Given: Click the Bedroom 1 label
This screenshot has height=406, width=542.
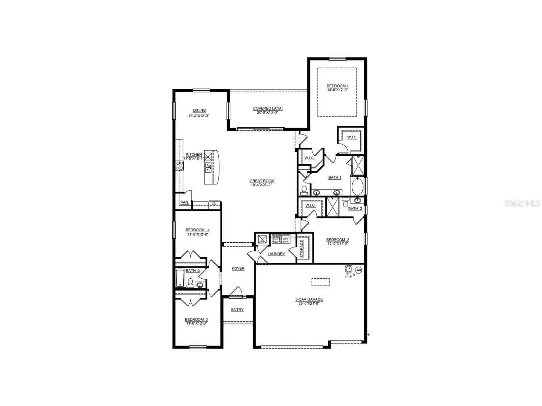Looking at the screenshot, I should pyautogui.click(x=337, y=86).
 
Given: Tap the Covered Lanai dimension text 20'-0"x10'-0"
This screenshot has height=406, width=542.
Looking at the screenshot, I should pyautogui.click(x=267, y=112).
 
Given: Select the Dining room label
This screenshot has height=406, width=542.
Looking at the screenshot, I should pyautogui.click(x=199, y=111).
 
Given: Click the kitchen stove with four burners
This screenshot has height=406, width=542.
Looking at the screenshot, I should pyautogui.click(x=180, y=165).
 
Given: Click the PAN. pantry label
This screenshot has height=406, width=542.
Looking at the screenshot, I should pyautogui.click(x=185, y=202).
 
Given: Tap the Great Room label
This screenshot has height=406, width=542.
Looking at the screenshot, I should pyautogui.click(x=262, y=181).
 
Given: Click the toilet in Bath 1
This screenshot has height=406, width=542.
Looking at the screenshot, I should pyautogui.click(x=304, y=191).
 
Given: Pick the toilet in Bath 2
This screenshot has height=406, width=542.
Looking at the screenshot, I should pyautogui.click(x=345, y=202).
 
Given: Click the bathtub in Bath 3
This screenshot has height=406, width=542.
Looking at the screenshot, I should pyautogui.click(x=180, y=278).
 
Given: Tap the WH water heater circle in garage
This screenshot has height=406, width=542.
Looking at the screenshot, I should pyautogui.click(x=359, y=270).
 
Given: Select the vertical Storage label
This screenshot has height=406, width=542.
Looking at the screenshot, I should pyautogui.click(x=302, y=249).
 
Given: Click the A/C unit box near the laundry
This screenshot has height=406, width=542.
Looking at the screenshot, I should pyautogui.click(x=262, y=239).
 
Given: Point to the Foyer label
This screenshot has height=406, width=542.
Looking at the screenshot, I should pyautogui.click(x=238, y=268).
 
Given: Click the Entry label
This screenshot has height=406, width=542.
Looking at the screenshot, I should pyautogui.click(x=237, y=310).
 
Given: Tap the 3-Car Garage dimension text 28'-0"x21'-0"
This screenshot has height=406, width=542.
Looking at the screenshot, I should pyautogui.click(x=309, y=304).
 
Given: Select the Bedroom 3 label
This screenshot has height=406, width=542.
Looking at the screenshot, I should pyautogui.click(x=196, y=319).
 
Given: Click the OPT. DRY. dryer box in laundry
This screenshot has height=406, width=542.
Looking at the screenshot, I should pyautogui.click(x=286, y=239).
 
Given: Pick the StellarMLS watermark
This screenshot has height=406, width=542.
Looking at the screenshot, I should pyautogui.click(x=522, y=203).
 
